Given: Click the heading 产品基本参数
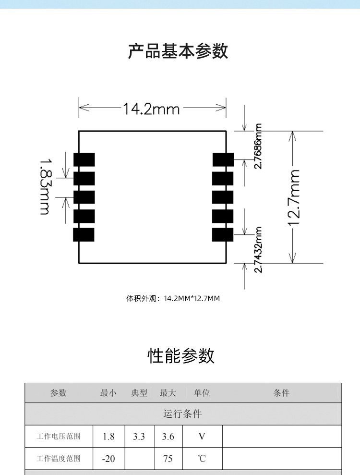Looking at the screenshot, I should [x=178, y=51].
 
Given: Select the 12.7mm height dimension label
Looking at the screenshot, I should [x=295, y=197].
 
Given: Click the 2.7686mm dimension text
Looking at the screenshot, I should [x=259, y=146].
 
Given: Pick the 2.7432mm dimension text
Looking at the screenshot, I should [x=259, y=250].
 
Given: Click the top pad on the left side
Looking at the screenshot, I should [x=84, y=159].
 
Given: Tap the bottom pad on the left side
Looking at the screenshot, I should [x=84, y=235].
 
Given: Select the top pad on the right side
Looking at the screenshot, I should [x=223, y=159].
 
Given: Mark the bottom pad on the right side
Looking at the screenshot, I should [x=223, y=235].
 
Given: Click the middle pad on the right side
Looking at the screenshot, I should [x=223, y=197].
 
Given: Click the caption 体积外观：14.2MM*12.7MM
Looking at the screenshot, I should [x=173, y=299].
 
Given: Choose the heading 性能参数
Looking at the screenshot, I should [x=181, y=356].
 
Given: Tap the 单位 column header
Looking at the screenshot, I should [x=202, y=393].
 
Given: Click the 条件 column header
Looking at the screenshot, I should [x=281, y=393].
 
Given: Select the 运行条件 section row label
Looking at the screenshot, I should [x=182, y=414].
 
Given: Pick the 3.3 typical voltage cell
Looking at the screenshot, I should [x=139, y=437].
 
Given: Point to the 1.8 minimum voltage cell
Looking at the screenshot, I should [x=108, y=437].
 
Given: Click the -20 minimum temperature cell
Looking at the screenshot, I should [x=108, y=459].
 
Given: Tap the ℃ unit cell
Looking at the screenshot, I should [x=202, y=459].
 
